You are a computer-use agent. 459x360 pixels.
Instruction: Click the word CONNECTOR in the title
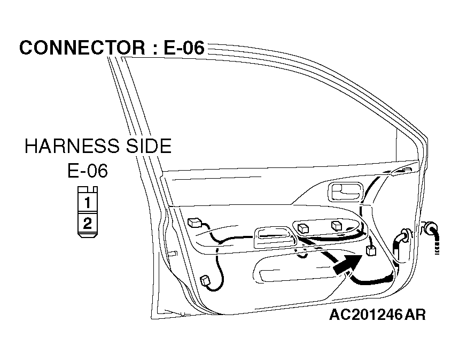coord(82,48)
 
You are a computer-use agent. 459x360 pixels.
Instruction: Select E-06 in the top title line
coord(184,48)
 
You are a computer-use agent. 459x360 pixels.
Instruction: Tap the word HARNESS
coord(72,146)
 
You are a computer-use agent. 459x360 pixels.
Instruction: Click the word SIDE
coord(149,146)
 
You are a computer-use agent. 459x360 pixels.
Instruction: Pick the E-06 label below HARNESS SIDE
coord(88,171)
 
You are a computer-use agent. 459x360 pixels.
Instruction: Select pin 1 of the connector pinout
coord(88,202)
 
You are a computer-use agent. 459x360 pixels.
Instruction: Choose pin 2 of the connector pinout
coord(88,223)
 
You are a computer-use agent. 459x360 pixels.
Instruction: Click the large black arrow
coord(347,264)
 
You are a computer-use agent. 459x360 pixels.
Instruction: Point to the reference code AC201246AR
coord(377,315)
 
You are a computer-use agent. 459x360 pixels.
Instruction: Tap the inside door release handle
coord(345,193)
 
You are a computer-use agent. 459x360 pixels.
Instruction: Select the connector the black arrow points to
coord(371,251)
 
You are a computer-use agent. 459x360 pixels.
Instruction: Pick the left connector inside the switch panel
coord(303,228)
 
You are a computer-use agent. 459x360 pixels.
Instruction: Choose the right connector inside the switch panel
coord(336,225)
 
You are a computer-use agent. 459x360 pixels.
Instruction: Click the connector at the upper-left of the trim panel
coord(195,223)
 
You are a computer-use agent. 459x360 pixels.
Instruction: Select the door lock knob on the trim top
coord(407,170)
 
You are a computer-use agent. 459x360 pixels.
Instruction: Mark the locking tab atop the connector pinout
coord(88,189)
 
